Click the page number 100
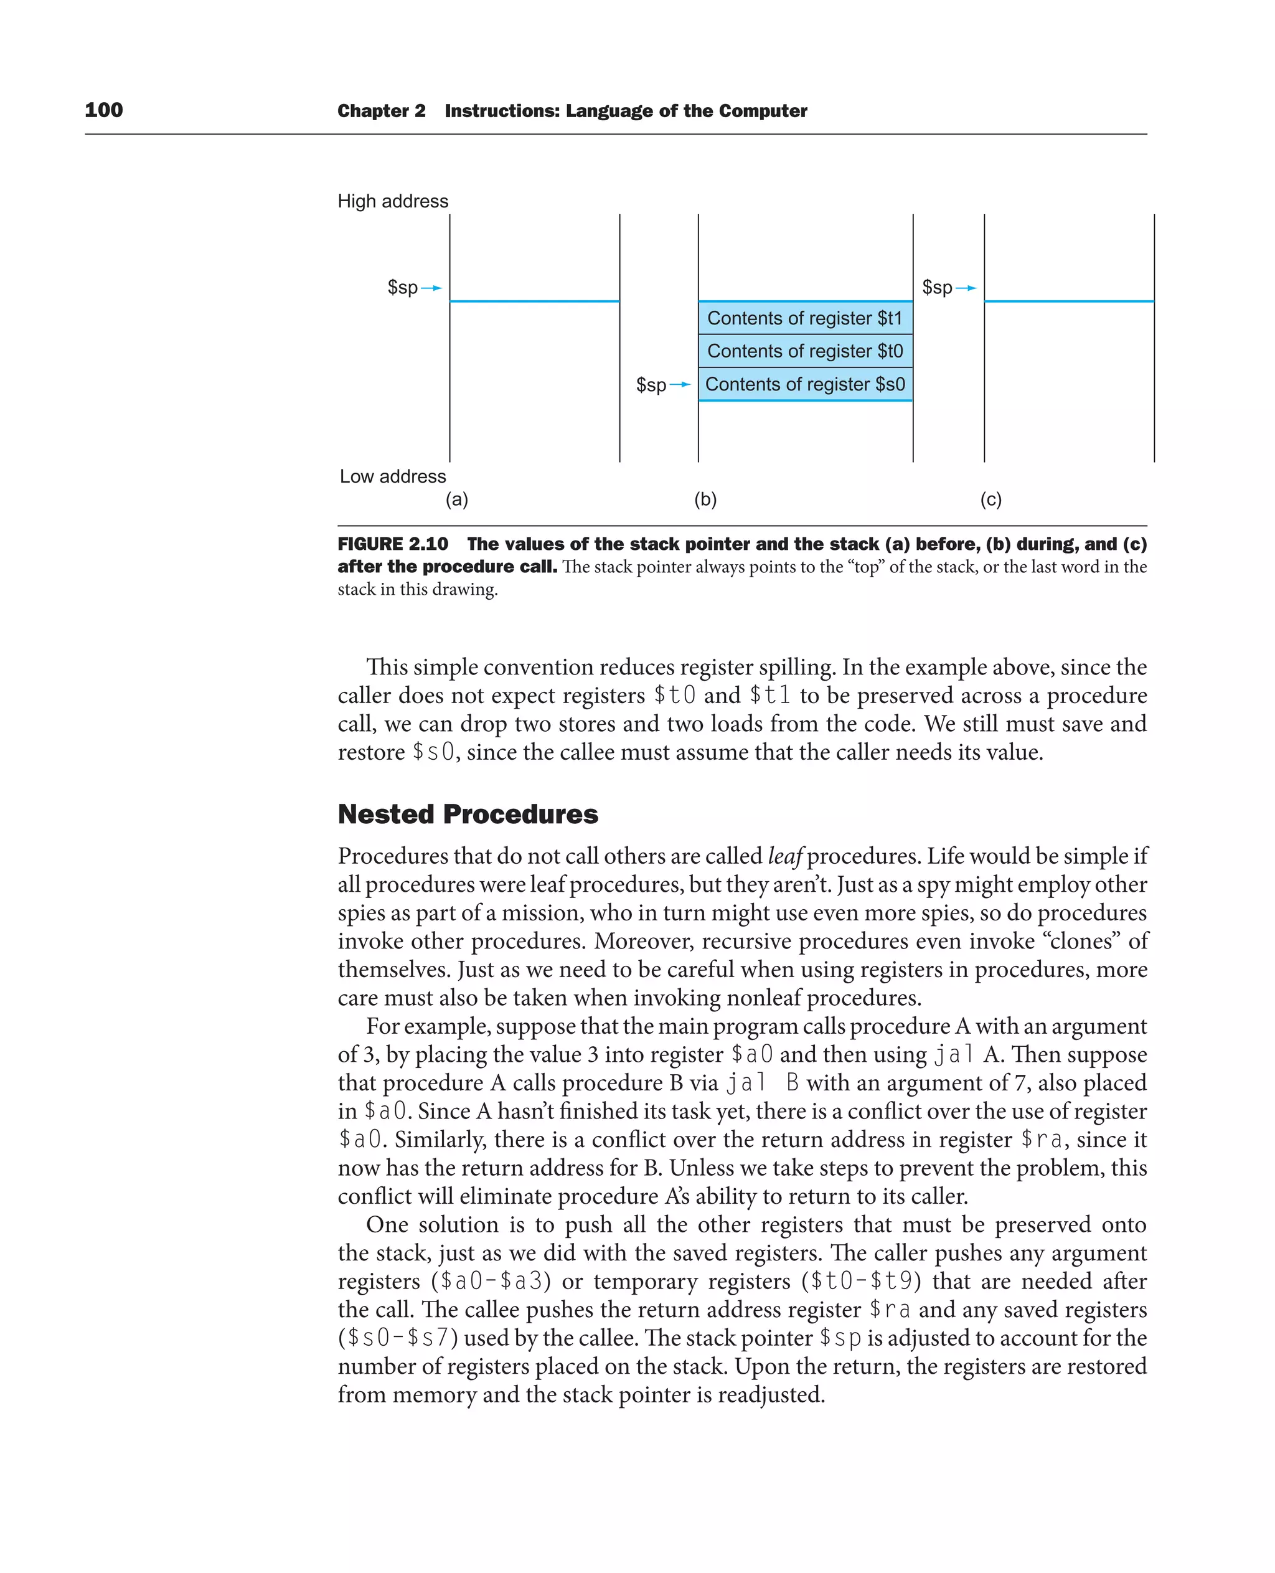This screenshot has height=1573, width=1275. pyautogui.click(x=103, y=110)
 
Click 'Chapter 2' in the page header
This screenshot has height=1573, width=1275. pyautogui.click(x=381, y=111)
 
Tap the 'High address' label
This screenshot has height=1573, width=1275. pyautogui.click(x=392, y=201)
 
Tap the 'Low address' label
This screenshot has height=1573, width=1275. pyautogui.click(x=392, y=476)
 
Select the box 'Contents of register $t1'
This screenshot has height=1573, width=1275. pyautogui.click(x=805, y=318)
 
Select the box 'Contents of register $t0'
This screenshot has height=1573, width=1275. pyautogui.click(x=805, y=351)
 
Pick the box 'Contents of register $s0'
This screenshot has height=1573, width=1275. pyautogui.click(x=805, y=384)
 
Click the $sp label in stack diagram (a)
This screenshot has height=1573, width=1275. pyautogui.click(x=402, y=287)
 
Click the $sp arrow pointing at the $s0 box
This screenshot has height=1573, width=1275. pyautogui.click(x=680, y=384)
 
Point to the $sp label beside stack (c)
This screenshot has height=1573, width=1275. pyautogui.click(x=937, y=287)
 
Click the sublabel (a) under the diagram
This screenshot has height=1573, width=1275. pyautogui.click(x=457, y=499)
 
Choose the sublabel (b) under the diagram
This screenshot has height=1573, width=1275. pyautogui.click(x=705, y=499)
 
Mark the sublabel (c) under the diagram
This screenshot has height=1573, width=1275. pyautogui.click(x=990, y=499)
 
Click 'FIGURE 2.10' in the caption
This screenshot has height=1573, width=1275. pyautogui.click(x=392, y=544)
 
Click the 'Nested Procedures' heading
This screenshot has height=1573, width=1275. pyautogui.click(x=468, y=814)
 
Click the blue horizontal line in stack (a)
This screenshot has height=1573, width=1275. pyautogui.click(x=535, y=301)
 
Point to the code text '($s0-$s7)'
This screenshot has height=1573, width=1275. pyautogui.click(x=397, y=1338)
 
